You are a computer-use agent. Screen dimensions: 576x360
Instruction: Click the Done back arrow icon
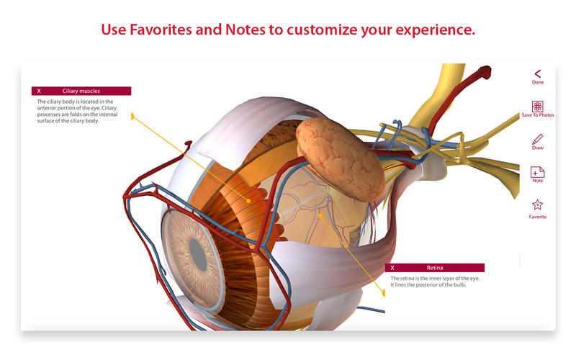click(x=538, y=73)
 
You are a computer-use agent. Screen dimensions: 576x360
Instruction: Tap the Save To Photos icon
click(x=537, y=107)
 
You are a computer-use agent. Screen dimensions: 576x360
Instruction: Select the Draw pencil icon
click(x=537, y=139)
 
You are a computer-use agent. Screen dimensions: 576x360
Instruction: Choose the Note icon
click(x=537, y=172)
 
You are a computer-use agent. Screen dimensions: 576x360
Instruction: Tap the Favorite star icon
click(x=537, y=204)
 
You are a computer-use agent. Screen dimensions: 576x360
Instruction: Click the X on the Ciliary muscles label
click(x=39, y=91)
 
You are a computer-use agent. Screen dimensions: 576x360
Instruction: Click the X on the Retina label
click(x=392, y=268)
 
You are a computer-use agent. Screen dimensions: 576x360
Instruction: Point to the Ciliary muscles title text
click(x=81, y=91)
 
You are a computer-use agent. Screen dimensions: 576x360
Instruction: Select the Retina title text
click(x=435, y=268)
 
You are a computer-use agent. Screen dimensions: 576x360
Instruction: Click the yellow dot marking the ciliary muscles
click(x=248, y=201)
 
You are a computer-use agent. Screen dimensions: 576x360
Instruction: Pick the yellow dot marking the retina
click(x=320, y=215)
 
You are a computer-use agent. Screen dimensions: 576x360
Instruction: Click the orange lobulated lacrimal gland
click(x=340, y=158)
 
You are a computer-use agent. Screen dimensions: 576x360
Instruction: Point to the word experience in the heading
click(x=436, y=30)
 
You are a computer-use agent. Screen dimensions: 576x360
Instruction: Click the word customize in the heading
click(x=322, y=30)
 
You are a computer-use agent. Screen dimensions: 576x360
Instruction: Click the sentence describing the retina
click(x=435, y=282)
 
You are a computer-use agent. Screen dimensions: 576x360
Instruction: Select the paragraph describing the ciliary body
click(x=77, y=111)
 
